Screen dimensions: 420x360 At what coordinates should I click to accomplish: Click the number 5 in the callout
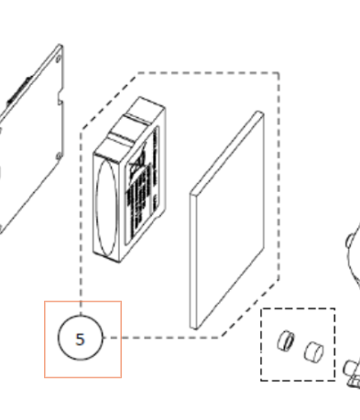tap(81, 339)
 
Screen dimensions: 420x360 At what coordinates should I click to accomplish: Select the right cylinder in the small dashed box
tap(312, 350)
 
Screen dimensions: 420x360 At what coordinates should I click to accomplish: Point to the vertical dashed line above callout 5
tap(81, 275)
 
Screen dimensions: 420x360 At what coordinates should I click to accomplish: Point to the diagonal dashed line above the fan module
tap(110, 96)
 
